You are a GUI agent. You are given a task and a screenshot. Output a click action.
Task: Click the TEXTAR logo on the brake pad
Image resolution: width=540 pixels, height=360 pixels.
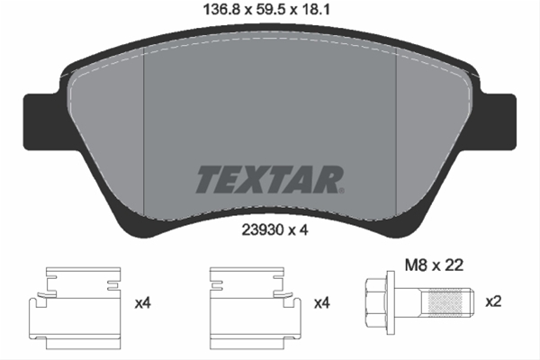click(x=270, y=179)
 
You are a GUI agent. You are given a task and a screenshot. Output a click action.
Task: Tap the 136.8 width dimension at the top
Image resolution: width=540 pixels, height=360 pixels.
click(x=221, y=9)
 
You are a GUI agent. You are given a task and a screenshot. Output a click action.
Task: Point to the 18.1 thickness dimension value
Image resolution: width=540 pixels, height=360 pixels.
click(x=316, y=9)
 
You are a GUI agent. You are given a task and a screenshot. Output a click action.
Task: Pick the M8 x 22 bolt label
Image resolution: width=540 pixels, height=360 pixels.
click(x=434, y=265)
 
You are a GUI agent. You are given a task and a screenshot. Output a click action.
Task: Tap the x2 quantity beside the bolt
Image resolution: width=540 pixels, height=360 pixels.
click(x=493, y=301)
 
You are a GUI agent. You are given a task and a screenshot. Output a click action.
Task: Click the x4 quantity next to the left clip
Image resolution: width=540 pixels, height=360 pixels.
click(x=143, y=303)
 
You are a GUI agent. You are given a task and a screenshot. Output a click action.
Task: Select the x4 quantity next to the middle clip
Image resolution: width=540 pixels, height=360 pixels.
click(x=322, y=303)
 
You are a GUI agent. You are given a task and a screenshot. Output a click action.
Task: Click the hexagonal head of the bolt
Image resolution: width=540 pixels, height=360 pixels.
click(x=375, y=302)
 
